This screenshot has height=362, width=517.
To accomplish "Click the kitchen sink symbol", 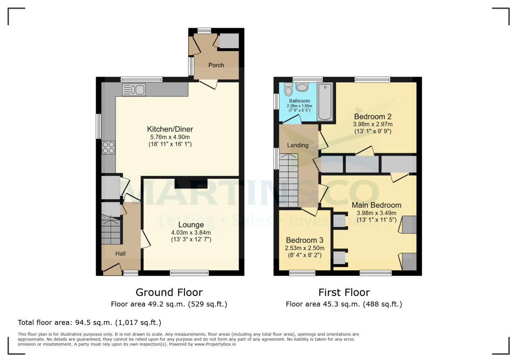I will pos(134,90).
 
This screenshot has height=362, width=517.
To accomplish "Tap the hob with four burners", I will pos(108,147).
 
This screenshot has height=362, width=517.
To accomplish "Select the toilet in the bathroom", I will pos(289,90).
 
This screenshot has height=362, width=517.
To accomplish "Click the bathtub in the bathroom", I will pos(325,102).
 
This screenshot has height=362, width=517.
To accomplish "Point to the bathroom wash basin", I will pos(302,87).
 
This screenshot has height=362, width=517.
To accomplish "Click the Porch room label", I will pos(216,65).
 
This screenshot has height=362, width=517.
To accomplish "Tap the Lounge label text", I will pos(191,225).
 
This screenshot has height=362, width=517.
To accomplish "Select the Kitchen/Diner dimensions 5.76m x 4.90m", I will pos(170,137).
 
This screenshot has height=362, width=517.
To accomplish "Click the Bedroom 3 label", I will pos(305,240).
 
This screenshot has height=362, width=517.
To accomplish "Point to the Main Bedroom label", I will pos(376,205).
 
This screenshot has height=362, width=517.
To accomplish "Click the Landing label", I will pos(298,145).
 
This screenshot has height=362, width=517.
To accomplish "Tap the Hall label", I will pos(120,254).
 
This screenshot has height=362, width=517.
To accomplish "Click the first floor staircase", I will pos(289,180).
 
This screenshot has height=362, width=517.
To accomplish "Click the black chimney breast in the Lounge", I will pos(191,184).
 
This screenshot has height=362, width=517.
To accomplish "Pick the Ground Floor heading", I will pos(169,293).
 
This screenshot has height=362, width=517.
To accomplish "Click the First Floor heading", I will pos(344,293).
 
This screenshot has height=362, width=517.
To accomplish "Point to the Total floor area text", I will pos(89,322).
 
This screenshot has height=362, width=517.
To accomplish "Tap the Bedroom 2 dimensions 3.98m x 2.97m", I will pos(372,124).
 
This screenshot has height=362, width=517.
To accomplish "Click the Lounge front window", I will pos(189,273).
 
